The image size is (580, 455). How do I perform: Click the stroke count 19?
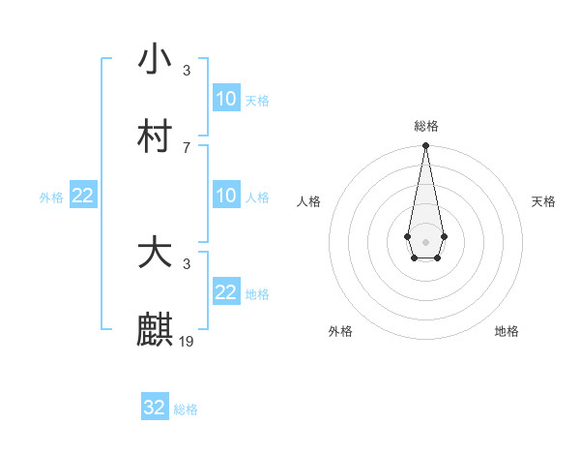pyautogui.click(x=187, y=341)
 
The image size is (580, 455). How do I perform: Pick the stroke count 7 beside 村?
pyautogui.click(x=187, y=147)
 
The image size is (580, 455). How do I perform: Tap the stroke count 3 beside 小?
pyautogui.click(x=187, y=70)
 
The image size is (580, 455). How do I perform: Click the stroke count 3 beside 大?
pyautogui.click(x=187, y=263)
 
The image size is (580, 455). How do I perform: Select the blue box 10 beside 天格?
pyautogui.click(x=226, y=99)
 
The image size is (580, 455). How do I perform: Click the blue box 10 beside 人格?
pyautogui.click(x=226, y=196)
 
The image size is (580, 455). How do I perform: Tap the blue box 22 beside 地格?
pyautogui.click(x=226, y=292)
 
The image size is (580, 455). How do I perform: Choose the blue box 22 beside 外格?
pyautogui.click(x=83, y=196)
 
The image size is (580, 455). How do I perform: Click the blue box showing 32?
pyautogui.click(x=155, y=408)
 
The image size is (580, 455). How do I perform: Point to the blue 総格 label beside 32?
pyautogui.click(x=186, y=409)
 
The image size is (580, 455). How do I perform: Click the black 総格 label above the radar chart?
pyautogui.click(x=426, y=126)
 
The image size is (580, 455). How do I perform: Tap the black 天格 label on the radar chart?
pyautogui.click(x=543, y=201)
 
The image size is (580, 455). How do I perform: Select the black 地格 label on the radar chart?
pyautogui.click(x=507, y=331)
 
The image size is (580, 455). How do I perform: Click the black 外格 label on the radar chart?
pyautogui.click(x=340, y=331)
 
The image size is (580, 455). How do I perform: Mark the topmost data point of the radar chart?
pyautogui.click(x=425, y=146)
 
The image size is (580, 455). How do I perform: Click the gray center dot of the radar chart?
pyautogui.click(x=425, y=240)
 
